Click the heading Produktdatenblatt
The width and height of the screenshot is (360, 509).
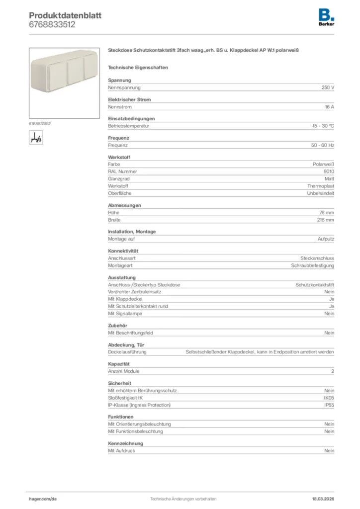(65, 15)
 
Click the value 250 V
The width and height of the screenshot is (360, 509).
(328, 87)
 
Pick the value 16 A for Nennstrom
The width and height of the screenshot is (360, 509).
(329, 107)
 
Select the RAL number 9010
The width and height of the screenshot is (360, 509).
(329, 171)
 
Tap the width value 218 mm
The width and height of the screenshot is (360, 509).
(326, 220)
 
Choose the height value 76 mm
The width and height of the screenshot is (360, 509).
(327, 212)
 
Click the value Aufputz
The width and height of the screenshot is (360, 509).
(326, 239)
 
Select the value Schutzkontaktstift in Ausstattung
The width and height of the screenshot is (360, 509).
(315, 285)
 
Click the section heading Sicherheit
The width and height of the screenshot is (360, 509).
(120, 384)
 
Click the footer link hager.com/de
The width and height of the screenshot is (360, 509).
(43, 499)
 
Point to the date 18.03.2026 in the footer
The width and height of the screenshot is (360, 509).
(319, 499)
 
